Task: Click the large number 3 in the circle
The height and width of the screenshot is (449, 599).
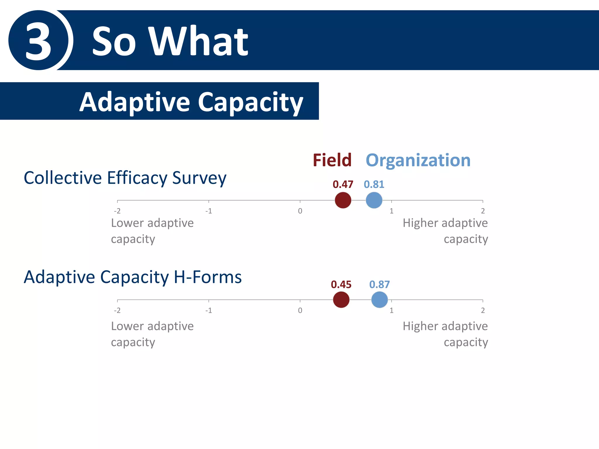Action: tap(39, 41)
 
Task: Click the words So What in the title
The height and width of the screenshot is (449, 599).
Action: tap(170, 41)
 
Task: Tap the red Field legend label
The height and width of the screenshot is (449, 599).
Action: tap(332, 160)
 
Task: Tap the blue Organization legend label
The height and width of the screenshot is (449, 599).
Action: tap(418, 160)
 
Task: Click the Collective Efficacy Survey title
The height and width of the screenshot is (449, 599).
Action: tap(125, 178)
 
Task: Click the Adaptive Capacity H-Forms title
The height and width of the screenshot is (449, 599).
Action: tap(132, 277)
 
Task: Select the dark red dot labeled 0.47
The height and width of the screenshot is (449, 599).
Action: tap(343, 200)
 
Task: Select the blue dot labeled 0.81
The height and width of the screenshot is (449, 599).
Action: tap(374, 200)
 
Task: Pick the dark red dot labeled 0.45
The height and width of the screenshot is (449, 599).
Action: tap(341, 300)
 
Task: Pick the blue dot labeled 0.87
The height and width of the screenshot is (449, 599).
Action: tap(379, 300)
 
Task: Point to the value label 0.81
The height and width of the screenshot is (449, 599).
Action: tap(374, 184)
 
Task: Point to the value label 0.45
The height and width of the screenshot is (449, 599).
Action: tap(341, 284)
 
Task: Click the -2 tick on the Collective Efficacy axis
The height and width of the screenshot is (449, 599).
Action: tap(117, 211)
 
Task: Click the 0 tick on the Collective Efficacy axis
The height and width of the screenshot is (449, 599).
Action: tap(300, 211)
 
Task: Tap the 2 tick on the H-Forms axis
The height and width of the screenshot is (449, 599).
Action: tap(483, 310)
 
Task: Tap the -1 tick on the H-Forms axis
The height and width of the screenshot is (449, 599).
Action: tap(209, 310)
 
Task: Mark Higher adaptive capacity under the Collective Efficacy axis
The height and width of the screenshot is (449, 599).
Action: tap(445, 231)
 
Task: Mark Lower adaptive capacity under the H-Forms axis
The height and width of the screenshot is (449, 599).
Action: tap(152, 334)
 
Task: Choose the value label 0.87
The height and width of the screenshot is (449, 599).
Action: tap(379, 284)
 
